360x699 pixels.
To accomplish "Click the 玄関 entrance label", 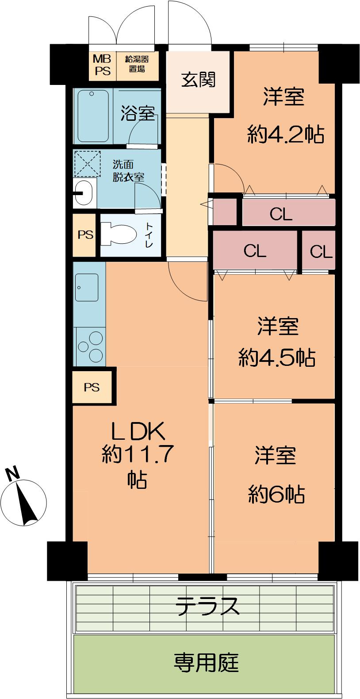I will point(199,80).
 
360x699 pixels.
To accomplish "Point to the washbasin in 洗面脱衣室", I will point(84,192).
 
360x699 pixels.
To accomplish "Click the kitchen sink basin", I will point(87,287).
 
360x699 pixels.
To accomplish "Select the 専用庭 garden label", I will point(206,662).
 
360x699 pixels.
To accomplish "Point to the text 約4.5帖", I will point(277,357).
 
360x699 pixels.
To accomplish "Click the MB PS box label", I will point(102,65).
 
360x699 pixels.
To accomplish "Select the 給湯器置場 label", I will point(137,65).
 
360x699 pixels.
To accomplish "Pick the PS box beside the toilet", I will point(85,235).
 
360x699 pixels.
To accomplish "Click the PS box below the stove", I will point(92,387).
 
